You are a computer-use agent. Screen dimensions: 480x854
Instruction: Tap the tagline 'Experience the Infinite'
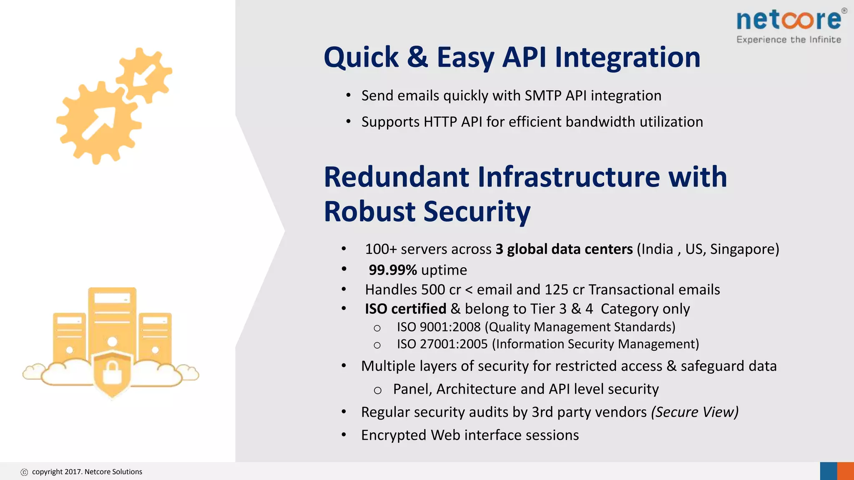pyautogui.click(x=789, y=40)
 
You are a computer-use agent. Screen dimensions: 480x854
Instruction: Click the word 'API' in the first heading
pyautogui.click(x=524, y=57)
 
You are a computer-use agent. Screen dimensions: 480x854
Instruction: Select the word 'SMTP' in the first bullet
pyautogui.click(x=543, y=96)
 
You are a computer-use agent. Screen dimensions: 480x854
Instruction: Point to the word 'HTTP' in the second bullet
pyautogui.click(x=440, y=122)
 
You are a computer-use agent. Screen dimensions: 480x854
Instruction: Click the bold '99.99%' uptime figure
pyautogui.click(x=392, y=270)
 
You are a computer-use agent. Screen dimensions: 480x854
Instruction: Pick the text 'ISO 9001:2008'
pyautogui.click(x=439, y=327)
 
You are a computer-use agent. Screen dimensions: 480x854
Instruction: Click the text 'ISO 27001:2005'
pyautogui.click(x=442, y=344)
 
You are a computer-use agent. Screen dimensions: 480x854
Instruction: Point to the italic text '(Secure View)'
pyautogui.click(x=695, y=412)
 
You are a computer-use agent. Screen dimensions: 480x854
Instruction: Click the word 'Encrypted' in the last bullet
pyautogui.click(x=394, y=435)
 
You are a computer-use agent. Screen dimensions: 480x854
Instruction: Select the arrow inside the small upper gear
pyautogui.click(x=144, y=75)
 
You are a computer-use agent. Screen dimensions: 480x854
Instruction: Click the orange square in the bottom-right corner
pyautogui.click(x=846, y=471)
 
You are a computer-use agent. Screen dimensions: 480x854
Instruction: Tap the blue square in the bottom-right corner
pyautogui.click(x=829, y=471)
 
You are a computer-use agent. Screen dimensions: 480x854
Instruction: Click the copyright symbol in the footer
pyautogui.click(x=24, y=472)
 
